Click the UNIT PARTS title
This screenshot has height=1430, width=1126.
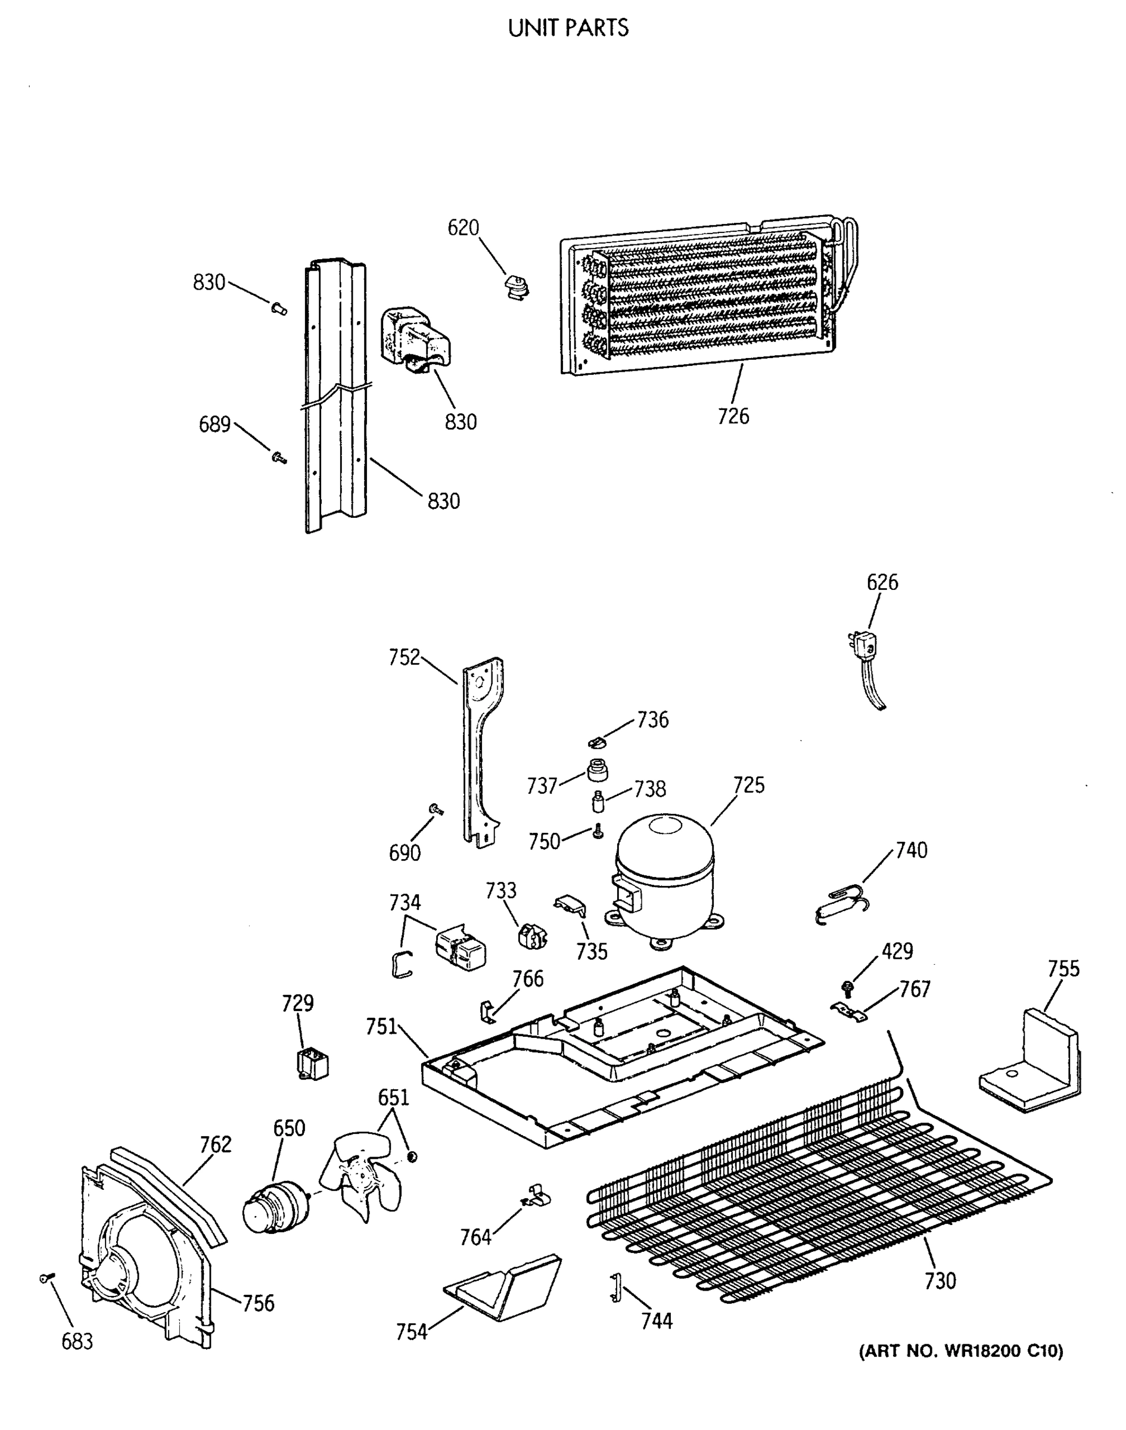point(568,27)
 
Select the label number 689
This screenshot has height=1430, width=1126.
point(214,425)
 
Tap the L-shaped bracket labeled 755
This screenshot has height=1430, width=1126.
point(1031,1066)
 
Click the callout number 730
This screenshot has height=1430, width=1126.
point(940,1281)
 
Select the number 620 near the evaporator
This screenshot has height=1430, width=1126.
point(463,228)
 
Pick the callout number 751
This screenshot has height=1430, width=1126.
point(381,1027)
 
